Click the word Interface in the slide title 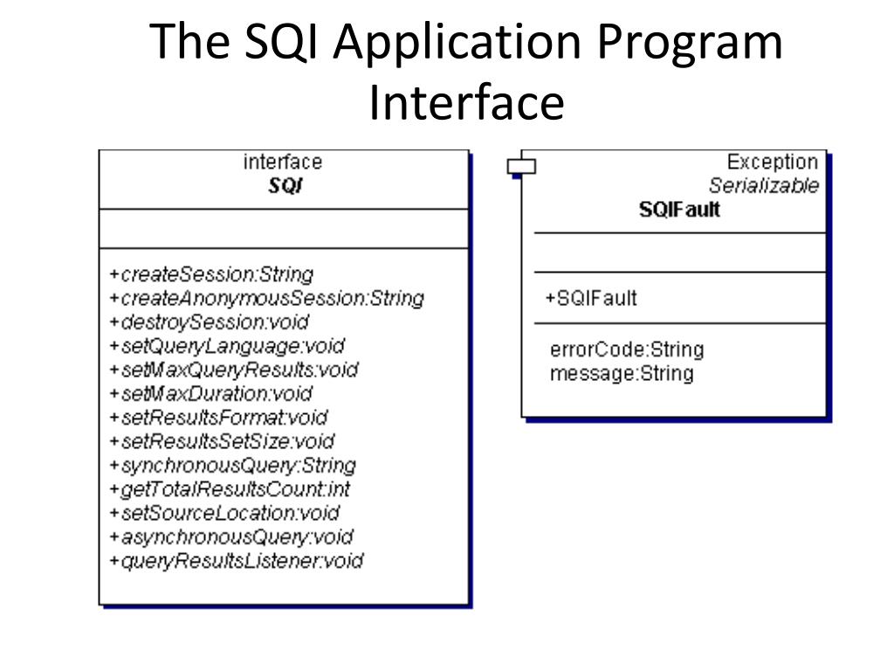[x=466, y=102]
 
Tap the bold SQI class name [x=285, y=186]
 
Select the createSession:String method [x=211, y=274]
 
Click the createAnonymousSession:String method [x=266, y=298]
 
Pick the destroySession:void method [x=210, y=322]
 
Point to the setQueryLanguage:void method [x=227, y=346]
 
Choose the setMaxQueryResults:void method [x=234, y=370]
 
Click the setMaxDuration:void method [x=210, y=393]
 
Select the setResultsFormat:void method [x=218, y=418]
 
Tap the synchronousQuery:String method [x=232, y=465]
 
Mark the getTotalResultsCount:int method [x=230, y=489]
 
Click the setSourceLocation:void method [x=224, y=513]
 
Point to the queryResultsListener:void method [x=236, y=561]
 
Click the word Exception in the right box [x=772, y=163]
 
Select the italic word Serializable [x=763, y=185]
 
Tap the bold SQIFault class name [x=679, y=210]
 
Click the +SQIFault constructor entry [x=591, y=298]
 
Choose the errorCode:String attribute [x=627, y=349]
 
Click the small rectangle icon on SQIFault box [x=521, y=164]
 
